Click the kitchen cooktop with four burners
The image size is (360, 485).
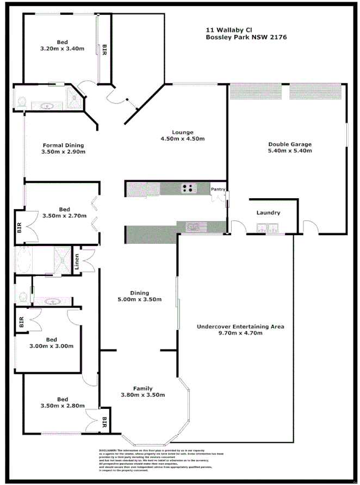(x=189, y=189)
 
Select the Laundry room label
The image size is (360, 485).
(x=268, y=213)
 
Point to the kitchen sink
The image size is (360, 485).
(x=194, y=226)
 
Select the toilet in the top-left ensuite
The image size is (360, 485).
(x=21, y=101)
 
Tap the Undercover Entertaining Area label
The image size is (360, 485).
(x=240, y=327)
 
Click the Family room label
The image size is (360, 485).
(x=143, y=388)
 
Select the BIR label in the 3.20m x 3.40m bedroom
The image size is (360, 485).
(x=103, y=48)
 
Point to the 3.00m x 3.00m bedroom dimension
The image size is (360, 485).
(x=52, y=346)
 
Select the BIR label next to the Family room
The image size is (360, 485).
(x=104, y=421)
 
